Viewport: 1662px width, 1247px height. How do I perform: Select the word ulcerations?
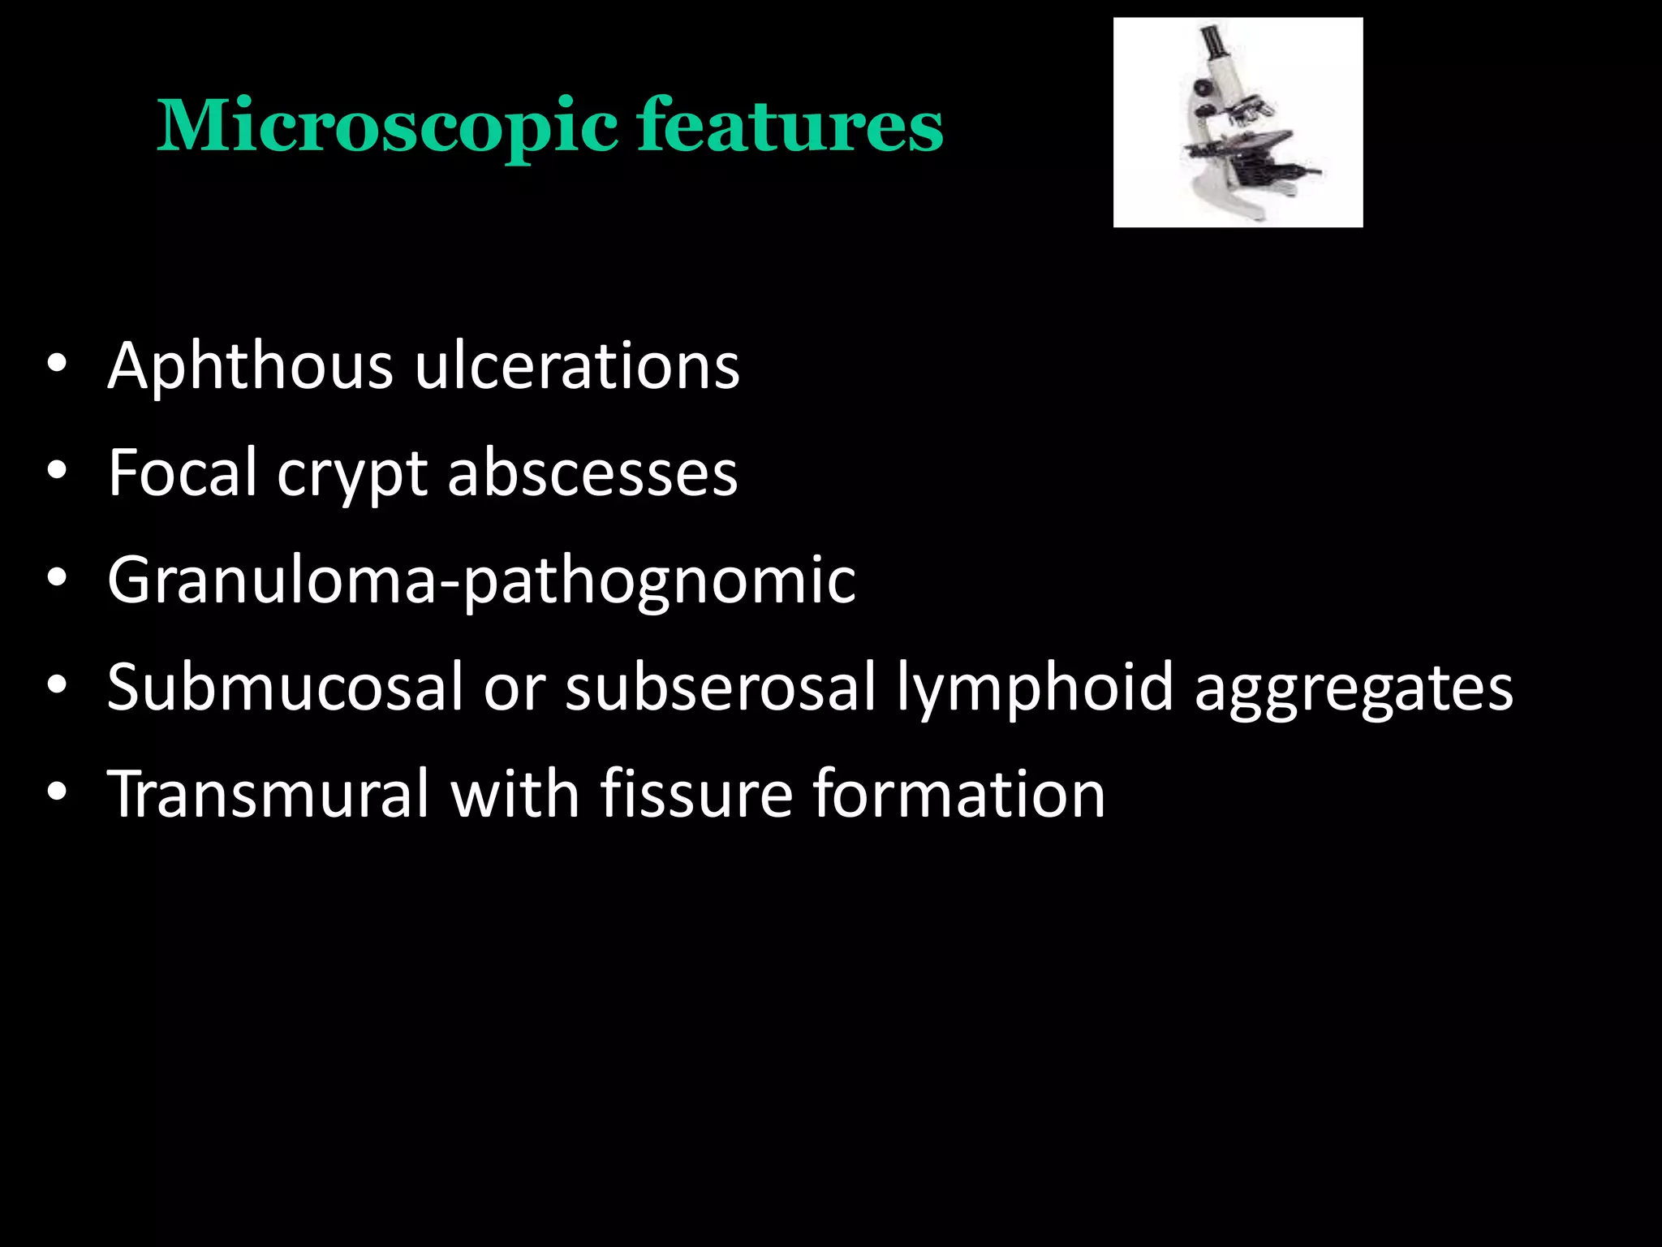pos(577,365)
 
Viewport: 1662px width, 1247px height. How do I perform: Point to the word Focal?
pos(183,472)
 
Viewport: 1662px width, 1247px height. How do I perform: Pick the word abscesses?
pos(592,472)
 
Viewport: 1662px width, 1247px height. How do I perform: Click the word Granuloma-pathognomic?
pos(481,581)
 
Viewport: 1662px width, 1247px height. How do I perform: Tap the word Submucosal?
pos(285,687)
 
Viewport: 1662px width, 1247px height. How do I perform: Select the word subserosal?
pos(721,687)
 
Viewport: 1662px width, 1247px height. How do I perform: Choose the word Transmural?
pos(268,793)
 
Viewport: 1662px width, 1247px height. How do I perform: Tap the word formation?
pos(958,793)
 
